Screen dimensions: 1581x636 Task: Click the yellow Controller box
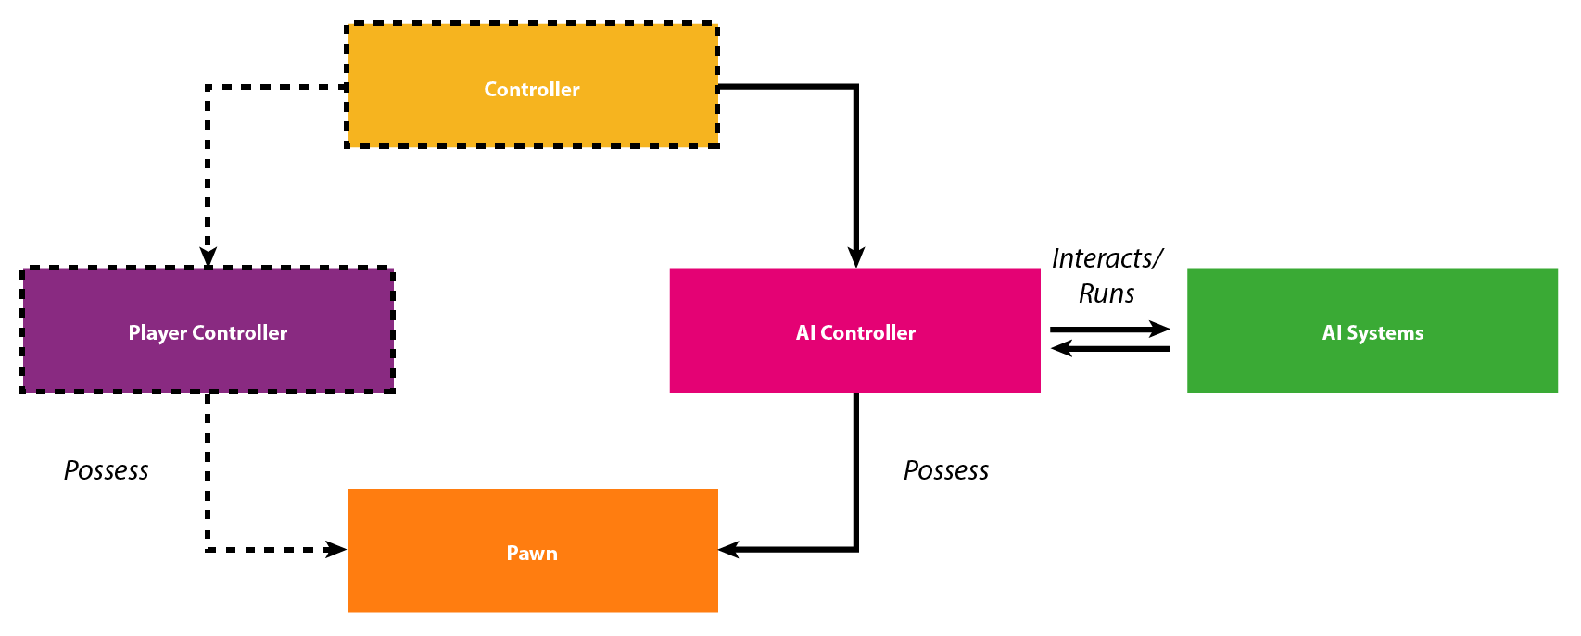point(531,85)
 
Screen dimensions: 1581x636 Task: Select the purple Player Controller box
point(208,330)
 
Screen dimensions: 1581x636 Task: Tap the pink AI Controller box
point(854,330)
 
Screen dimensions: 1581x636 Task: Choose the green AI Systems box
point(1372,330)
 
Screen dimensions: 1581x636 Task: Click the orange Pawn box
point(532,550)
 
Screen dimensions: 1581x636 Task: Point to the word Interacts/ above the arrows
point(1107,259)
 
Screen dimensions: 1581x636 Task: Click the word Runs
point(1107,293)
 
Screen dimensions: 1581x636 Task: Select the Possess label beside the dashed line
point(107,470)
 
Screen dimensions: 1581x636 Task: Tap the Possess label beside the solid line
point(946,470)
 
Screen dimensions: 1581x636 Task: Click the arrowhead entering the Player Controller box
point(208,256)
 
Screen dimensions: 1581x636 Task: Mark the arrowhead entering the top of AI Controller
point(856,258)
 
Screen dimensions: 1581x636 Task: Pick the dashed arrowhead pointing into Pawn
point(336,549)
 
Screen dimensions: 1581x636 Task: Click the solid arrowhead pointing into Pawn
point(729,549)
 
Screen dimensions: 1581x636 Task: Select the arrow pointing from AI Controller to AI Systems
point(1110,329)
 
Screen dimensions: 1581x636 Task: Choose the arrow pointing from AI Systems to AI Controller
point(1110,348)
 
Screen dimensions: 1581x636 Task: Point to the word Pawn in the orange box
point(532,553)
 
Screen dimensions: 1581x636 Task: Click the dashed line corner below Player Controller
point(208,549)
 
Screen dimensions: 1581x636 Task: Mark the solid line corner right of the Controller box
point(856,87)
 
